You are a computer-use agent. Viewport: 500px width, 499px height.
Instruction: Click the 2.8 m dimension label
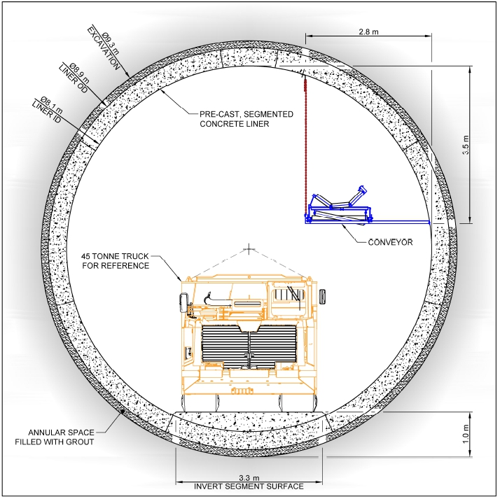click(x=368, y=31)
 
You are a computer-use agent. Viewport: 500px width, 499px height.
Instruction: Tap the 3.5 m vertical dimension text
click(x=465, y=145)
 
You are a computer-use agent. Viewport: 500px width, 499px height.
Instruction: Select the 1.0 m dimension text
click(x=465, y=434)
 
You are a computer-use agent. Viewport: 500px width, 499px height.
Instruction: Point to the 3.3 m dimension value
click(x=249, y=477)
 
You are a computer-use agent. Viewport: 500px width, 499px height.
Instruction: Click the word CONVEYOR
click(x=390, y=242)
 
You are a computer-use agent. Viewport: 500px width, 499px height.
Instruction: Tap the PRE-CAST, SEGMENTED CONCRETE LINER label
click(x=246, y=119)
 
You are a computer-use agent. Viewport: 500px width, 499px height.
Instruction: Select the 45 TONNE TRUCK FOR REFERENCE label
click(x=115, y=261)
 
